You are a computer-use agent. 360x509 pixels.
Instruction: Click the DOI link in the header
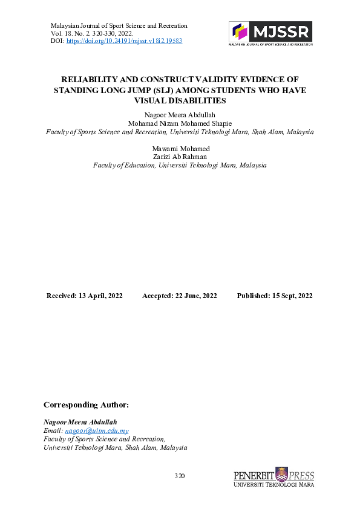pos(124,41)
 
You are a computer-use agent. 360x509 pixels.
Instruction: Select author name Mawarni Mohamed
pos(180,149)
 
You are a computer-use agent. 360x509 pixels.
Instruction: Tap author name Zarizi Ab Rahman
pos(180,157)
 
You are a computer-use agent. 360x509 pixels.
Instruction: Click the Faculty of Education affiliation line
pos(180,166)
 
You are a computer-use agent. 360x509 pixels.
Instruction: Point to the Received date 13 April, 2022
pos(85,296)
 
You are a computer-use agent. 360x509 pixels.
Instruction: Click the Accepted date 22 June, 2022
pos(180,296)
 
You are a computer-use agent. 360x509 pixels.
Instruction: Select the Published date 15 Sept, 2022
pos(275,296)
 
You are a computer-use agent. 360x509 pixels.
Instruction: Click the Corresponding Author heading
pos(87,404)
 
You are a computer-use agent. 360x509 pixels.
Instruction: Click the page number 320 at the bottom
pos(180,477)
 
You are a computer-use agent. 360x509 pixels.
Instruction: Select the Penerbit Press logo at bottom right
pos(273,477)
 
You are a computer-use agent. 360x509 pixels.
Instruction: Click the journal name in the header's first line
pos(119,26)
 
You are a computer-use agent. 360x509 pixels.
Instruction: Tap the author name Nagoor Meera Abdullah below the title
pos(180,115)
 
